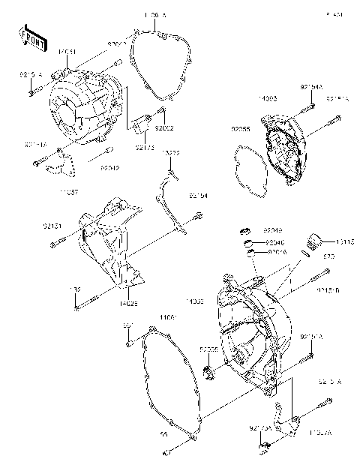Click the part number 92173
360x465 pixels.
[x=144, y=148]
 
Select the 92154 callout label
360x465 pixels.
[x=198, y=196]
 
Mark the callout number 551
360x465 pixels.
[x=128, y=325]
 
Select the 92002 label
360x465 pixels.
[x=164, y=127]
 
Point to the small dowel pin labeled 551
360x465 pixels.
[x=129, y=342]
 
